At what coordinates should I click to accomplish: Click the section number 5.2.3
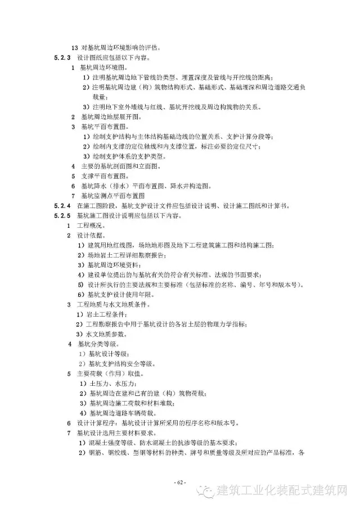[x=61, y=58]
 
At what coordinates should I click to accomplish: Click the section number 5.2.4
[x=61, y=206]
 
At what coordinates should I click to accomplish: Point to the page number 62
[x=179, y=483]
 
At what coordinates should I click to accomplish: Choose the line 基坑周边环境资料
[x=112, y=264]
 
